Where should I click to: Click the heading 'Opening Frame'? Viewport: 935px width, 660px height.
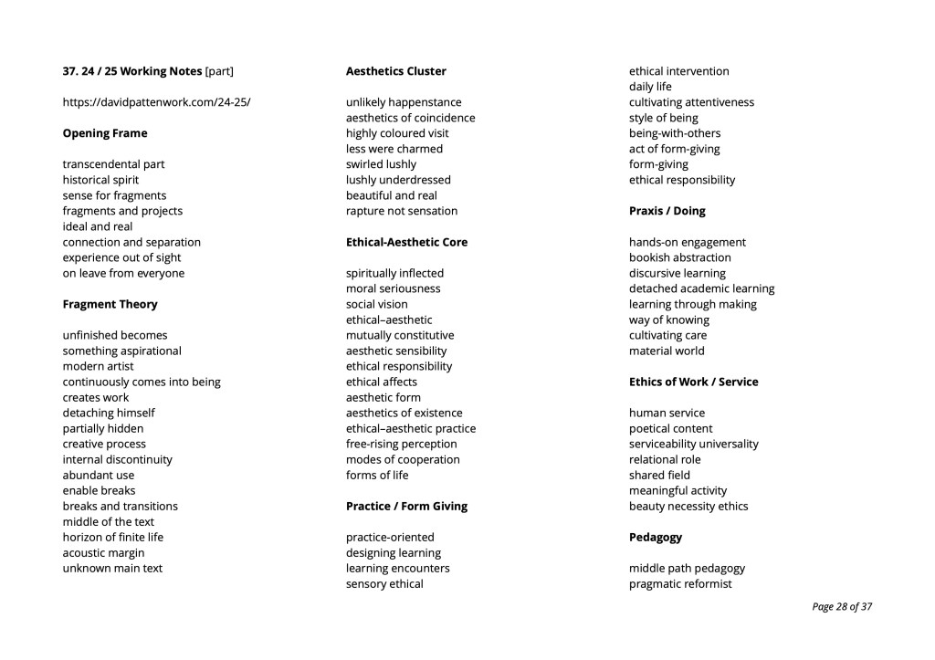[x=104, y=133]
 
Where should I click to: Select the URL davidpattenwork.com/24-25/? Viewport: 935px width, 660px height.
[x=156, y=102]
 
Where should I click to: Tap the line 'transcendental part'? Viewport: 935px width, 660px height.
[x=113, y=164]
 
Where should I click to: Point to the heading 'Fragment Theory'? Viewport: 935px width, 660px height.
[x=110, y=304]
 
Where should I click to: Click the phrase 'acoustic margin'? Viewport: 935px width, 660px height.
[x=103, y=552]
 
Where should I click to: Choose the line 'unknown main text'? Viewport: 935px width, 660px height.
[x=112, y=568]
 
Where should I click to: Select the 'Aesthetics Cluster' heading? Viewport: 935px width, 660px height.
[x=395, y=71]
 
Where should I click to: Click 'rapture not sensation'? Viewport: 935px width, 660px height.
[x=402, y=211]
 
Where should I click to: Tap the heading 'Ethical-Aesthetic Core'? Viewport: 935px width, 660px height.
[x=406, y=242]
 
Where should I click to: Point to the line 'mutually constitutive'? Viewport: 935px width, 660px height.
[x=400, y=335]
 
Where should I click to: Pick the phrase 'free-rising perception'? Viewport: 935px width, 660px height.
[x=401, y=444]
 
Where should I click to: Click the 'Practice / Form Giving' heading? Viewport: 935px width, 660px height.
[x=406, y=506]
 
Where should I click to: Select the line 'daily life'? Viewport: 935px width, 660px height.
[x=650, y=87]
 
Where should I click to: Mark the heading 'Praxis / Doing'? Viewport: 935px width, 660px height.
[x=667, y=211]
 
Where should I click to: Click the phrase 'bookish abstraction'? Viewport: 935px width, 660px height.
[x=679, y=257]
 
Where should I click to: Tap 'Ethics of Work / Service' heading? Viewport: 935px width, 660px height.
[x=693, y=382]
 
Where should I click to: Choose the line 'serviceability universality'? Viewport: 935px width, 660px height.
[x=693, y=444]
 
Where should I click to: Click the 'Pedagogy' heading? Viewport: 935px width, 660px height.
[x=655, y=537]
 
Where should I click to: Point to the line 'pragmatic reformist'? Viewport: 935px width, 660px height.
[x=680, y=583]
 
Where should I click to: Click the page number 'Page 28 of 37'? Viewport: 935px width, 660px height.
[x=841, y=606]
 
